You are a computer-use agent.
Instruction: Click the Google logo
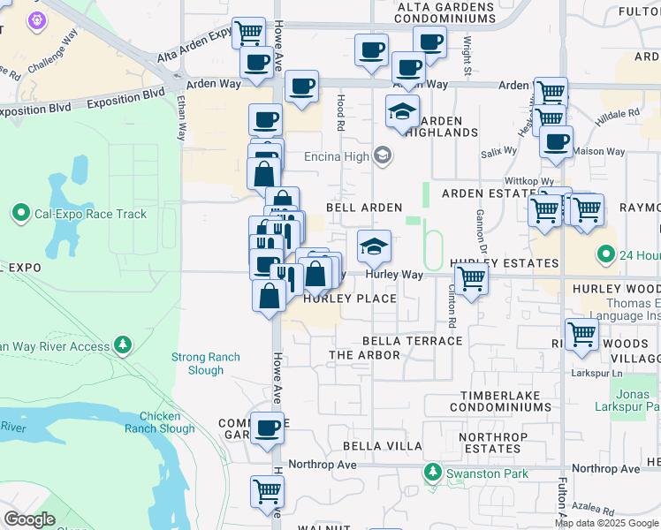(x=29, y=519)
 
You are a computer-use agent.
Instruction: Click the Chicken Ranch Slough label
(x=166, y=422)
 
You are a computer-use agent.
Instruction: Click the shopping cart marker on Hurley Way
(x=471, y=279)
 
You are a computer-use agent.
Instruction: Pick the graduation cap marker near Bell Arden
(x=374, y=246)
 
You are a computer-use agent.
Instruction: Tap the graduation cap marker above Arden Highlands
(x=401, y=111)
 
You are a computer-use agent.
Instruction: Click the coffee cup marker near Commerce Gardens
(x=267, y=429)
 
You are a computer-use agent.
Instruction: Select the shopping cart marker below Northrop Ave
(x=267, y=490)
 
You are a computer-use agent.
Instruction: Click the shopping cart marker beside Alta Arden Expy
(x=248, y=34)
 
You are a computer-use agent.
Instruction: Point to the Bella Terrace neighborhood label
(x=413, y=341)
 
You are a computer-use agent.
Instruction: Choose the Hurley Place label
(x=350, y=299)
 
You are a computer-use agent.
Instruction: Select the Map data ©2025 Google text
(x=606, y=523)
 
